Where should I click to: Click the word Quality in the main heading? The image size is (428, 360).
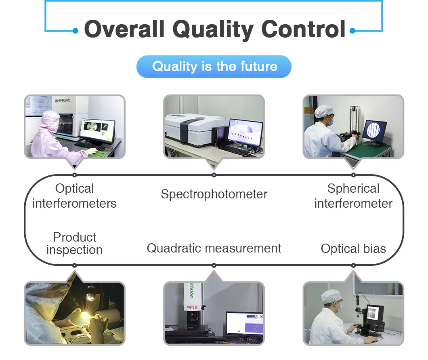(213, 29)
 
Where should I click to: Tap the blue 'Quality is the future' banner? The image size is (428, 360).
(214, 67)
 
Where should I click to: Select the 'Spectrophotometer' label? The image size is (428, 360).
(214, 194)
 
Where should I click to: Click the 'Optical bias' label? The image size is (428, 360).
(353, 248)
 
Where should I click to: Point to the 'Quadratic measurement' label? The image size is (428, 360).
(214, 248)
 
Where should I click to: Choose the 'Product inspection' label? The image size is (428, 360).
(75, 243)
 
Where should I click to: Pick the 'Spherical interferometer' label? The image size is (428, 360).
(353, 196)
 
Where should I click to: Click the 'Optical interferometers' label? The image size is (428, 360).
(75, 196)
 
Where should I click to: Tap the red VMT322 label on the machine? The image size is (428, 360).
(192, 307)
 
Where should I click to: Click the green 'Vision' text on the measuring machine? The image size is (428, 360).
(192, 291)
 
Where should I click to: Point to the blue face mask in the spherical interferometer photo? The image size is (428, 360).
(330, 122)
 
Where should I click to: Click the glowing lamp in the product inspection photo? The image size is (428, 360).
(90, 295)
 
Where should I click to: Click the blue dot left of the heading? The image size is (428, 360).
(76, 31)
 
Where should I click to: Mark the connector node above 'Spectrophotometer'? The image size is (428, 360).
(214, 175)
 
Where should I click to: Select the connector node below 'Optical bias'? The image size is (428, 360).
(353, 265)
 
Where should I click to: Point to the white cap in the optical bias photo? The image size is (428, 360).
(331, 296)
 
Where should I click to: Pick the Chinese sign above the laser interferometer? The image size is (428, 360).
(63, 101)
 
